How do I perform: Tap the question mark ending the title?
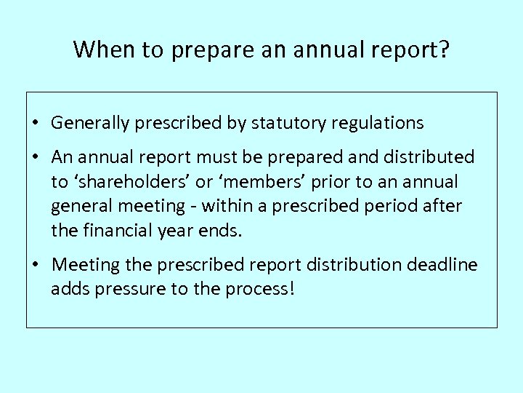point(445,49)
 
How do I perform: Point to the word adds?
point(68,289)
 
